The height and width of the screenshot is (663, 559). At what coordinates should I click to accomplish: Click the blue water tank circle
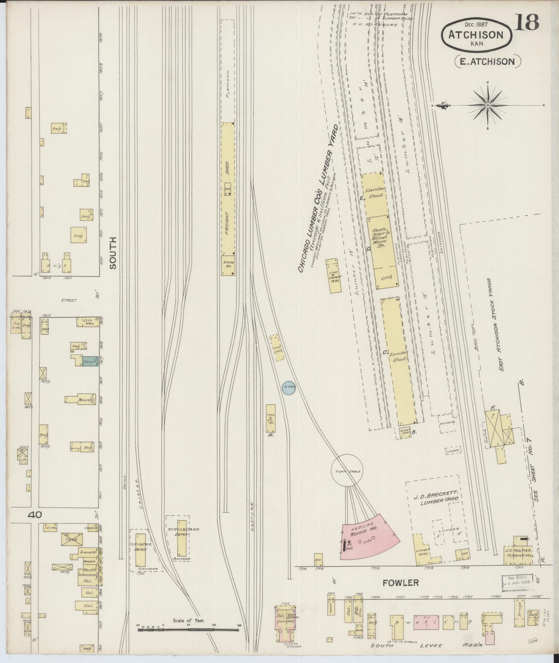(288, 387)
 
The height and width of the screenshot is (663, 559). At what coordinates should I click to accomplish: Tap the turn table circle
(346, 471)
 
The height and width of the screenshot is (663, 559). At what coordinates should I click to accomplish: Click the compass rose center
(488, 105)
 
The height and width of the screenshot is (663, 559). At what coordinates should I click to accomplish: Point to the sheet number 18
(527, 22)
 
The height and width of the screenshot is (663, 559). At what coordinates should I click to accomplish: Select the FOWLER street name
(401, 583)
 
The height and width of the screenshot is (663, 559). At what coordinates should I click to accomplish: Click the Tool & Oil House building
(271, 418)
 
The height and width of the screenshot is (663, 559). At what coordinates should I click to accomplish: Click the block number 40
(35, 515)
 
